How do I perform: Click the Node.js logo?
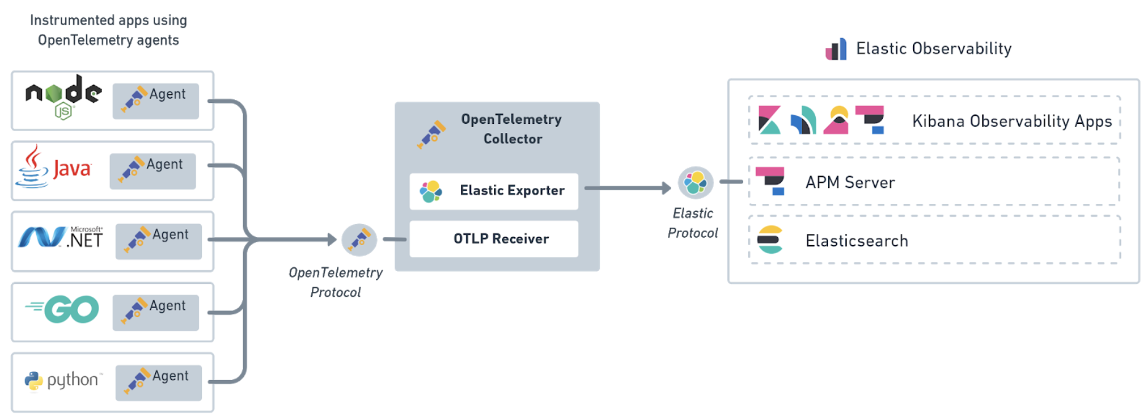(63, 97)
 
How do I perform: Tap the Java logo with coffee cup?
(54, 168)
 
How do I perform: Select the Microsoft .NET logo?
(61, 237)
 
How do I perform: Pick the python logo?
(62, 381)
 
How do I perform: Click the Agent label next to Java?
(164, 164)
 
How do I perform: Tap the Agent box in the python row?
(159, 382)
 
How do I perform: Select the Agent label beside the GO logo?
(167, 306)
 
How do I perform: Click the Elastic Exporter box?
(494, 191)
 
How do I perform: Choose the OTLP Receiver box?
(494, 239)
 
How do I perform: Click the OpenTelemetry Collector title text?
(512, 129)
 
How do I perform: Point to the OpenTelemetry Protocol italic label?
(335, 282)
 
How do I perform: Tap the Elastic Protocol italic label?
(693, 223)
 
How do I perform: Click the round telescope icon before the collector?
(359, 240)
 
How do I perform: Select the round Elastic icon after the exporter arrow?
(696, 182)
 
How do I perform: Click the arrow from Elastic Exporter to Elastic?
(628, 188)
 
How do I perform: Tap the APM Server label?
(850, 182)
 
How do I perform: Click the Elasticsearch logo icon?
(770, 240)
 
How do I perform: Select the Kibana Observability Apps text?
(1012, 121)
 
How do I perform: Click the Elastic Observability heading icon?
(835, 49)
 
